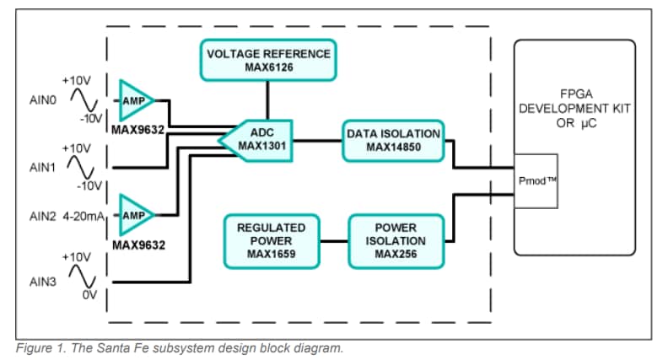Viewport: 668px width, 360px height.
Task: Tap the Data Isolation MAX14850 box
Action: pos(393,140)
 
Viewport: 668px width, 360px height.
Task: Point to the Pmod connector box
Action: pos(536,180)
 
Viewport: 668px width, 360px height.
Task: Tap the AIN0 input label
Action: pos(43,99)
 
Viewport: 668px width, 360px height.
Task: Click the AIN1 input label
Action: pos(43,167)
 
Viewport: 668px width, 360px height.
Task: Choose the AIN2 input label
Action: pos(43,216)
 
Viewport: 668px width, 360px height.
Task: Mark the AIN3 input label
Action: pos(43,282)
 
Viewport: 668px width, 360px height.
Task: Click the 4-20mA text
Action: pos(84,216)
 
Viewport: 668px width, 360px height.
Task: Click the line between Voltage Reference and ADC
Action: pos(268,99)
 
